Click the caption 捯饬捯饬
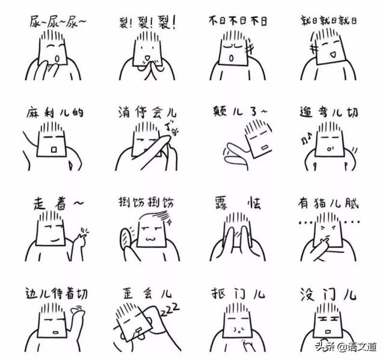coord(146,203)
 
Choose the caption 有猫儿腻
coord(328,203)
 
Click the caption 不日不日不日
coord(238,22)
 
